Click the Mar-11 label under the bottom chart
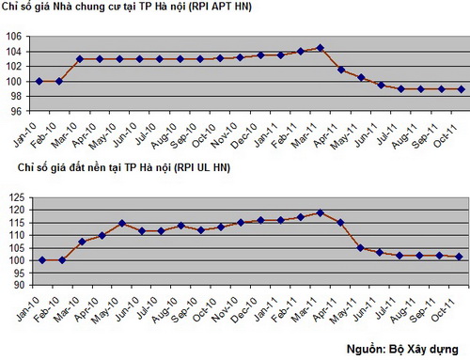(316, 305)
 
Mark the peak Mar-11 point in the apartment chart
(321, 47)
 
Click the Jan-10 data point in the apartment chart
(39, 81)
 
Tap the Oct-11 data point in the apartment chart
(461, 89)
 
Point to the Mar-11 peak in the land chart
(321, 212)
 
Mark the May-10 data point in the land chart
(121, 224)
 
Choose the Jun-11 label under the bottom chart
(376, 305)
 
